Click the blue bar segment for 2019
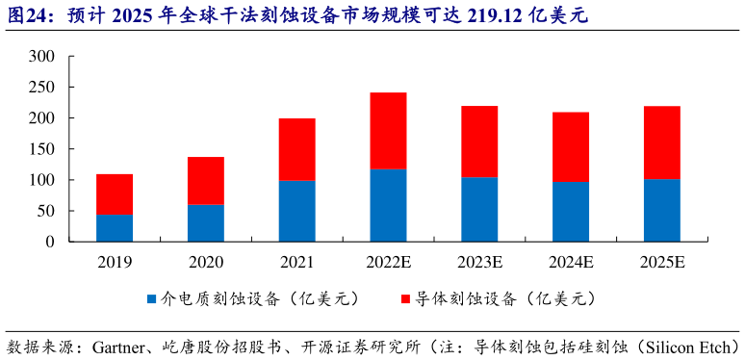[x=115, y=228]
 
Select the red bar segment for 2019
[x=115, y=194]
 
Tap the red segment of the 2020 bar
[x=206, y=180]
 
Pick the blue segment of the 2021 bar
[x=296, y=211]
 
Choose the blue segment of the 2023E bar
[x=479, y=209]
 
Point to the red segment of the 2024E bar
[x=570, y=147]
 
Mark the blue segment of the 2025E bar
[x=661, y=210]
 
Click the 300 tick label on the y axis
[x=41, y=57]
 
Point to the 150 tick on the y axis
[x=41, y=149]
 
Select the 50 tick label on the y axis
[x=45, y=211]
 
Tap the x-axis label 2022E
[x=388, y=261]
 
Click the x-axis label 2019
[x=115, y=261]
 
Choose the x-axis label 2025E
[x=661, y=261]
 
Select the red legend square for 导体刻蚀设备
[x=404, y=299]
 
